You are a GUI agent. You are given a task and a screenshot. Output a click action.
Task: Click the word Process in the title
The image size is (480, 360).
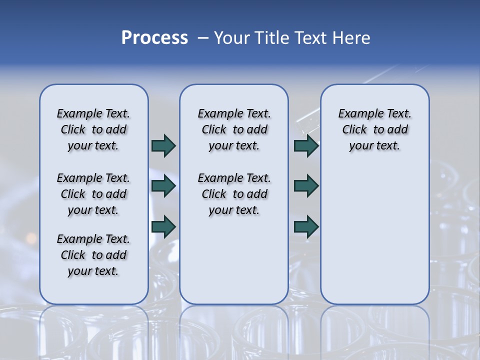click(154, 38)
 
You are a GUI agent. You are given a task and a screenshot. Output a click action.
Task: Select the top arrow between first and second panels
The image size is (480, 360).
click(163, 145)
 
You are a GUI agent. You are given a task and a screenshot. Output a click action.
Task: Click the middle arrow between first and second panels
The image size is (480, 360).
click(163, 186)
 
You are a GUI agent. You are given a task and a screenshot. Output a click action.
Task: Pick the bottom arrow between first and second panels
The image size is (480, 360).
click(163, 226)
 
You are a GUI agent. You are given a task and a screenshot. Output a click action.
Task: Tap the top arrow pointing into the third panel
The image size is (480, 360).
click(306, 145)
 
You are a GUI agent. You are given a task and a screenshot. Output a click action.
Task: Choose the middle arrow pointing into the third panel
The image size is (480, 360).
click(306, 186)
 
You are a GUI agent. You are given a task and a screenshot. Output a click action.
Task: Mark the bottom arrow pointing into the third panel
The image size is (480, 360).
click(306, 226)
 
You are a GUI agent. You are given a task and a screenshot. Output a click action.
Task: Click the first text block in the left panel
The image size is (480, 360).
click(93, 129)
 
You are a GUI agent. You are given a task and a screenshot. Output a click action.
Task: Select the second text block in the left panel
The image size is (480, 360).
click(93, 194)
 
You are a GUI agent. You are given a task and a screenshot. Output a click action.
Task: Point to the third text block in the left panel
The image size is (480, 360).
click(93, 255)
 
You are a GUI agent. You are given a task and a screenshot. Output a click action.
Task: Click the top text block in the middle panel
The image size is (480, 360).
click(234, 129)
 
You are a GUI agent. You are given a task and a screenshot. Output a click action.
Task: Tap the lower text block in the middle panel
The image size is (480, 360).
click(234, 194)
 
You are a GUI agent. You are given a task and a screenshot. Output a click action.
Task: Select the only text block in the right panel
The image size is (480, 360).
click(374, 129)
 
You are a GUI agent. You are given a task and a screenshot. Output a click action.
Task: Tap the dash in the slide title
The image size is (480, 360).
click(202, 38)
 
